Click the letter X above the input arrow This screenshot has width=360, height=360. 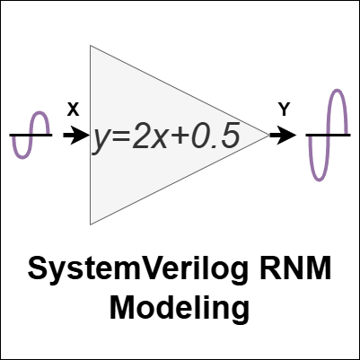coord(73,110)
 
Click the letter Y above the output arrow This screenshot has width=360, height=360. coord(284,110)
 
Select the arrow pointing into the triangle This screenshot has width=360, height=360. coord(76,136)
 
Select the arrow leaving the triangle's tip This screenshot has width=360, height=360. coord(283,136)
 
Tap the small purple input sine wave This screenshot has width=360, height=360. coord(31,135)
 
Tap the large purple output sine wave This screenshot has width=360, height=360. coord(329,135)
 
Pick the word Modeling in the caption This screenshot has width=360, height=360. coord(180,310)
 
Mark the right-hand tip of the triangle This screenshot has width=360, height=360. coord(269,136)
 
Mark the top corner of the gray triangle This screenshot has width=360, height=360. coord(91,46)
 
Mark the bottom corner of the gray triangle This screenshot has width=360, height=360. coord(91,224)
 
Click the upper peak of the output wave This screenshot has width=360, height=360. coord(338,90)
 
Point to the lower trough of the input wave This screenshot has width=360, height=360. coord(22,158)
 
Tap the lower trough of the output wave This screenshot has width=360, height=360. coord(319,180)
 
